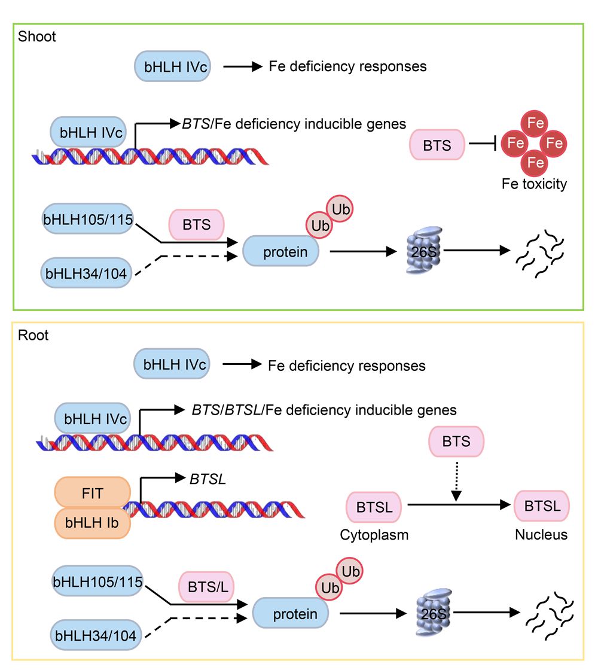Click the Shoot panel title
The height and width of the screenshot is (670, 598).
(x=36, y=37)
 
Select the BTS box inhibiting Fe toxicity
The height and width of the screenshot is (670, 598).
(x=438, y=145)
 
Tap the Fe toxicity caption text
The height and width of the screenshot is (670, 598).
(x=534, y=184)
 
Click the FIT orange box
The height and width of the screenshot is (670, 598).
(x=92, y=494)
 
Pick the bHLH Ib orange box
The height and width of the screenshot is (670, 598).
(x=92, y=522)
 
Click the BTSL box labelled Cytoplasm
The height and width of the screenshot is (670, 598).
(x=374, y=506)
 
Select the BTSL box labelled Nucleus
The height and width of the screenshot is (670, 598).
(x=542, y=506)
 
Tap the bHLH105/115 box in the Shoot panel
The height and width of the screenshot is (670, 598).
(x=89, y=218)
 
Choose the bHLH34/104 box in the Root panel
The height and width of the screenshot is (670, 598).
(x=96, y=636)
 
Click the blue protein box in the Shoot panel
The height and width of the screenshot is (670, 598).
(x=280, y=252)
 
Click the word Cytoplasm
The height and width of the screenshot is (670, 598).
(x=374, y=534)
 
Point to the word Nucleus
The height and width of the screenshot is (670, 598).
(x=541, y=534)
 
